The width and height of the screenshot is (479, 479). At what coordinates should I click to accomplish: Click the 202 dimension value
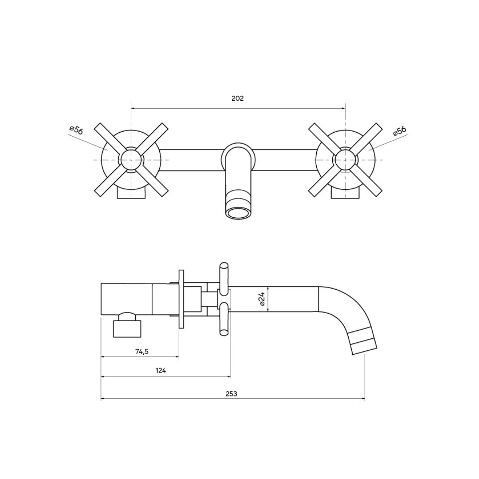click(x=238, y=98)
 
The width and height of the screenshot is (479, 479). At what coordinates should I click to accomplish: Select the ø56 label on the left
click(x=76, y=130)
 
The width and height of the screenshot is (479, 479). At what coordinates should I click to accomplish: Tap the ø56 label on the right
click(x=400, y=130)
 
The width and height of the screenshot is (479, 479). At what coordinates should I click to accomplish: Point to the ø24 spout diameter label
click(x=262, y=299)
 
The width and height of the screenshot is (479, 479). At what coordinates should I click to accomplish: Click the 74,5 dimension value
click(x=142, y=352)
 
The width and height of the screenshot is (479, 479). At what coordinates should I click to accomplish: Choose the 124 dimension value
click(x=161, y=370)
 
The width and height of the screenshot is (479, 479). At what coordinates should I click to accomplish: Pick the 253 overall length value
click(x=231, y=394)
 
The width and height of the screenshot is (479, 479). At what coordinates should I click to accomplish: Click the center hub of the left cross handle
click(x=131, y=160)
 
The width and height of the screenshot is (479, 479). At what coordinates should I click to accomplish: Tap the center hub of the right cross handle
click(x=345, y=160)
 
